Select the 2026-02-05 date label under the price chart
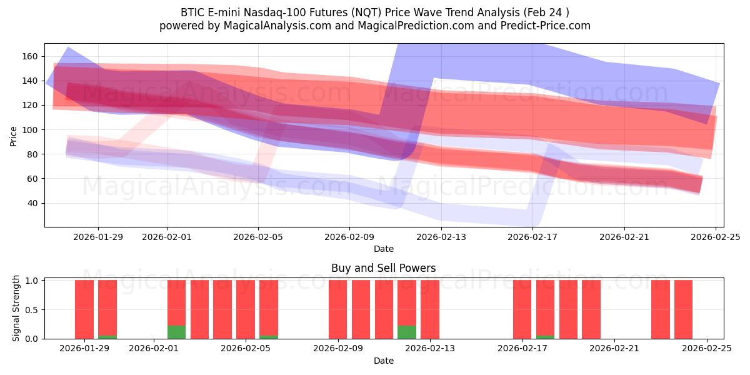click(258, 237)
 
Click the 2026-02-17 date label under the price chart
click(532, 237)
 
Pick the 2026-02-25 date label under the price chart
click(716, 237)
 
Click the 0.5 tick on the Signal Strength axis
click(32, 310)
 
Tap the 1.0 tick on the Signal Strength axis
click(32, 281)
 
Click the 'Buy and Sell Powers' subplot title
click(384, 268)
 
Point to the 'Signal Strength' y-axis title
click(16, 308)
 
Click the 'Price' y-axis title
click(14, 135)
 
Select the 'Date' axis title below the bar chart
click(384, 361)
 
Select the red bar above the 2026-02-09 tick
click(337, 309)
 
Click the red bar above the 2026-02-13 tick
click(430, 309)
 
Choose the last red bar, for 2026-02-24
click(683, 309)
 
